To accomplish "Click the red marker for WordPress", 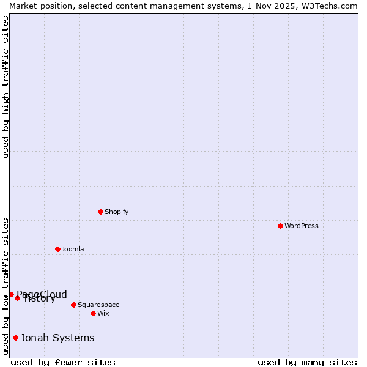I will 280,226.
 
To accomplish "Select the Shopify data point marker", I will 100,212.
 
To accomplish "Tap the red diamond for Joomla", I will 57,249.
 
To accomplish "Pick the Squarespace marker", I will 73,305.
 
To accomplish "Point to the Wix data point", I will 93,313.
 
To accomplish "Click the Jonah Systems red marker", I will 15,338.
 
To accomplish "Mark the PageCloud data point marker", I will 11,294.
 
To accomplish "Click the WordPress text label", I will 302,226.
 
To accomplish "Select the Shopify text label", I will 117,212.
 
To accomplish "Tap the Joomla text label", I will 73,249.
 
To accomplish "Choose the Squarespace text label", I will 98,305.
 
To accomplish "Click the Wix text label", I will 103,313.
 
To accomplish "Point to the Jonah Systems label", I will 57,338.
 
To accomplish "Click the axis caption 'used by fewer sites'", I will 63,362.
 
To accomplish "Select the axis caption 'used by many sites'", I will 307,362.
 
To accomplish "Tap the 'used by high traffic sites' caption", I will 6,87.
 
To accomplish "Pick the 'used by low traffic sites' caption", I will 6,286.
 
